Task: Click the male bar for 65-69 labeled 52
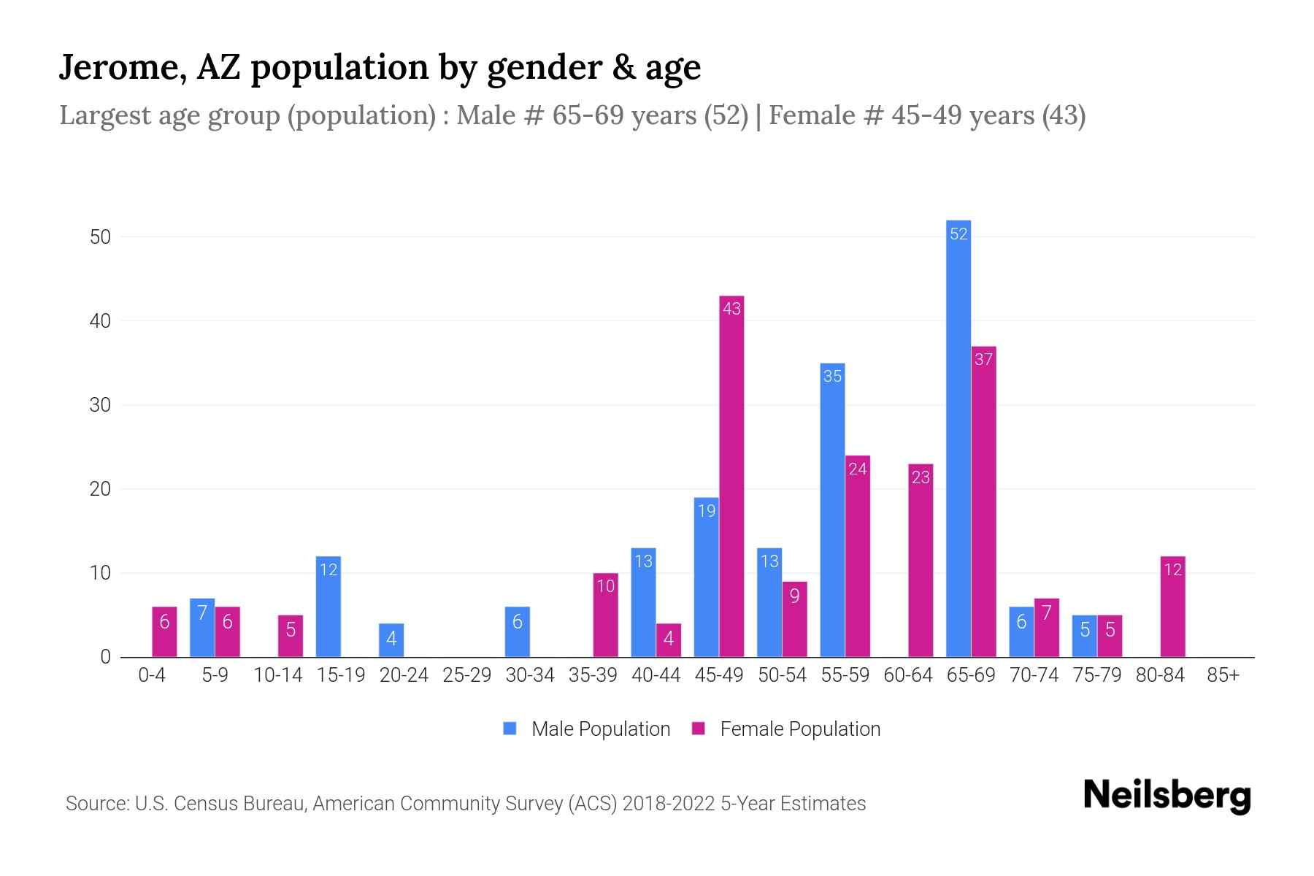point(958,438)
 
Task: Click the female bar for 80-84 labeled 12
point(1172,607)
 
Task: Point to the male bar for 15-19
point(328,607)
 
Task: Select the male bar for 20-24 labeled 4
point(391,640)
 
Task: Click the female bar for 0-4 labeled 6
point(164,631)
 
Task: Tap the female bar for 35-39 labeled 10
point(605,615)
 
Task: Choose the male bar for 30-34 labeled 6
point(518,631)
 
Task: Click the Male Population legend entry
point(587,729)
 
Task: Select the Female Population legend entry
point(786,729)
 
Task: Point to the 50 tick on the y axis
point(100,237)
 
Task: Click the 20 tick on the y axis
point(100,489)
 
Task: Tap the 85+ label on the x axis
point(1223,675)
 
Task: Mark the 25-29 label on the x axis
point(467,675)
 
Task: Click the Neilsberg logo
point(1167,796)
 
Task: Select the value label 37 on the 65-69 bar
point(983,359)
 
